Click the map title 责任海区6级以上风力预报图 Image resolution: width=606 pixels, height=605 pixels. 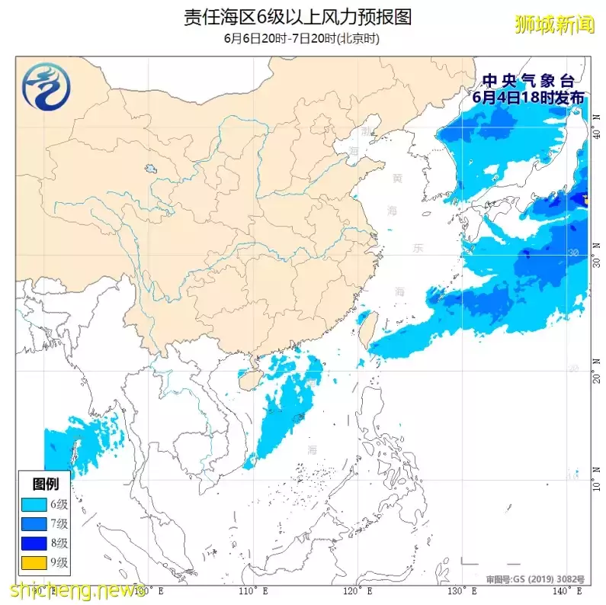[x=297, y=18]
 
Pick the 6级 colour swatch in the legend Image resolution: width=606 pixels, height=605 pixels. [x=34, y=504]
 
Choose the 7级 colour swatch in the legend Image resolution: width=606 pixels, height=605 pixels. [x=34, y=524]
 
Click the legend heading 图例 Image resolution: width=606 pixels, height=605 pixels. [x=45, y=484]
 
